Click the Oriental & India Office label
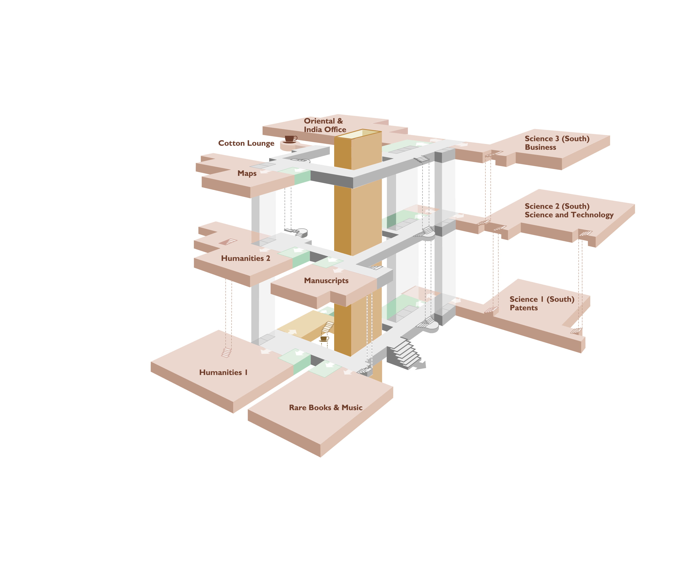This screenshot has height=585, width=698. tap(325, 125)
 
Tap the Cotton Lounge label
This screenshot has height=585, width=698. tap(246, 143)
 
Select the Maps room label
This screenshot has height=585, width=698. tap(247, 173)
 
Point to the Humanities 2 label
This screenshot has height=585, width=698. tap(246, 259)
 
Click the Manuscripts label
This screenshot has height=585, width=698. tap(326, 281)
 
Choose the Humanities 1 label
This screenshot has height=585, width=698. tap(223, 372)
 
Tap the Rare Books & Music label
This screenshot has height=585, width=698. tap(326, 408)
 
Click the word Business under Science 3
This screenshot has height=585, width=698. tap(540, 147)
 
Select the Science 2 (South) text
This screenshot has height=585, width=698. tap(557, 206)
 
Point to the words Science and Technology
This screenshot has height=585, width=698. tap(569, 215)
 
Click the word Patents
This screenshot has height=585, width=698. tap(524, 308)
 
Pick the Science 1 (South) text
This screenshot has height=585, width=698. tap(542, 299)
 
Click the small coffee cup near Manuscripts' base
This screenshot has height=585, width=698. tap(324, 339)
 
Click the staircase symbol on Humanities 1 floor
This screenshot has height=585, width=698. tap(226, 353)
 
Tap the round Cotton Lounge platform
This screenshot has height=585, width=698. tap(290, 146)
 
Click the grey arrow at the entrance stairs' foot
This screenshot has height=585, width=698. tap(420, 366)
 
